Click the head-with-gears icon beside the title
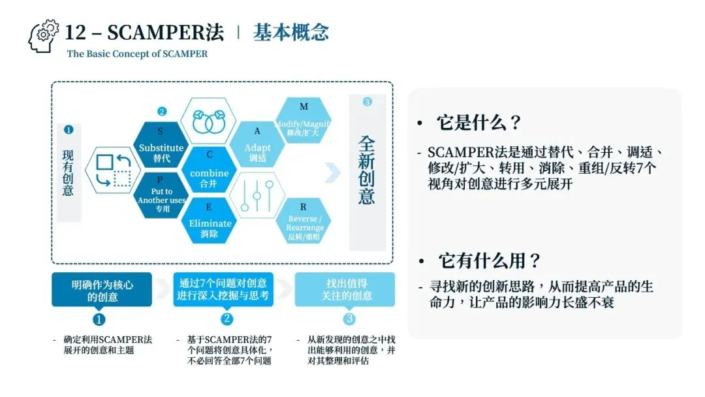click(x=43, y=36)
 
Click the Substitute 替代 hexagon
click(x=161, y=146)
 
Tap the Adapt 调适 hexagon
click(x=258, y=146)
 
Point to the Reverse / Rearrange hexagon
click(x=304, y=222)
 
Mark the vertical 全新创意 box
click(x=367, y=171)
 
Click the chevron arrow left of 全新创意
click(x=333, y=172)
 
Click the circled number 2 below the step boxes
click(x=226, y=319)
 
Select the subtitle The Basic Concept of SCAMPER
click(x=137, y=54)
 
